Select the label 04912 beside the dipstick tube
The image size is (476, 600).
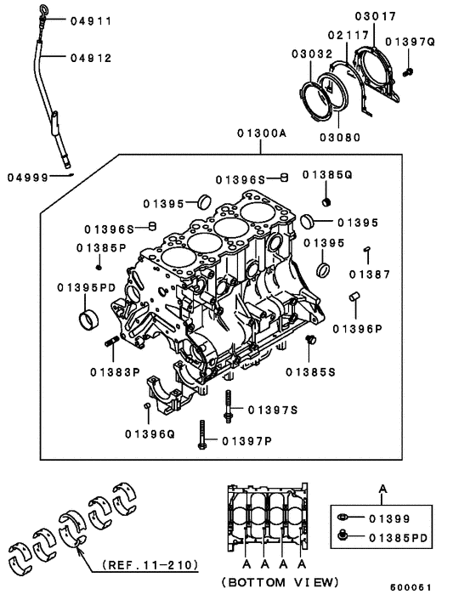click(90, 59)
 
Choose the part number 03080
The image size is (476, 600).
click(339, 137)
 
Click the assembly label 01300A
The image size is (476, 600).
click(262, 134)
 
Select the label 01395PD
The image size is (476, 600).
click(87, 286)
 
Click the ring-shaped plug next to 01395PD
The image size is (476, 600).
click(88, 320)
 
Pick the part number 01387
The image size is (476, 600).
click(369, 274)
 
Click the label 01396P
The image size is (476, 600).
click(357, 328)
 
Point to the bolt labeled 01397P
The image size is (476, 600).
click(201, 435)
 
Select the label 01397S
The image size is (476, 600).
click(272, 410)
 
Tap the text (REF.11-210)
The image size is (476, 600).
click(149, 564)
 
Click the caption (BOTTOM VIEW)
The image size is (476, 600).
click(280, 582)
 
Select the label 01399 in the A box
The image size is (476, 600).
click(389, 518)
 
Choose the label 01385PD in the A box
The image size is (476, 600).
click(396, 537)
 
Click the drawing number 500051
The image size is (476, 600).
click(409, 588)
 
